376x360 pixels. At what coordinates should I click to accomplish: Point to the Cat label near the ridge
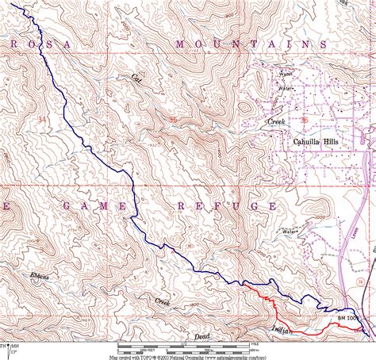pyautogui.click(x=136, y=78)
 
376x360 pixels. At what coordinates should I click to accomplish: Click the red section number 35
pyautogui.click(x=173, y=119)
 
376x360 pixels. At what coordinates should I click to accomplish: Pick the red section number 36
pyautogui.click(x=304, y=119)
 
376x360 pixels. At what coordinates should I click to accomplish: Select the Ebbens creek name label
pyautogui.click(x=41, y=274)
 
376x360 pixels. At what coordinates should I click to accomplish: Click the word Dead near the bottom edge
pyautogui.click(x=202, y=336)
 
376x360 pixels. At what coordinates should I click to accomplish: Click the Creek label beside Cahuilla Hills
pyautogui.click(x=275, y=121)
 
